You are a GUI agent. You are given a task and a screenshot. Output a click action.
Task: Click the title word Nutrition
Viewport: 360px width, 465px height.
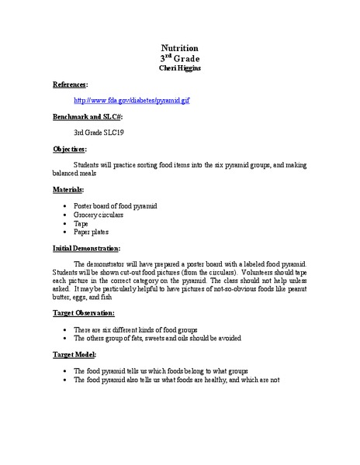coord(179,47)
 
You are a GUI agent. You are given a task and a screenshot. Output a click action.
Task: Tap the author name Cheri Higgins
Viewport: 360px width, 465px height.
coord(179,67)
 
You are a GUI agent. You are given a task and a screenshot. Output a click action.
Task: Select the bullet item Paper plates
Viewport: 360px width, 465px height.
coord(92,231)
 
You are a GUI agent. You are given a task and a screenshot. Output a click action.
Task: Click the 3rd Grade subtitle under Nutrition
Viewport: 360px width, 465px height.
coord(179,58)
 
